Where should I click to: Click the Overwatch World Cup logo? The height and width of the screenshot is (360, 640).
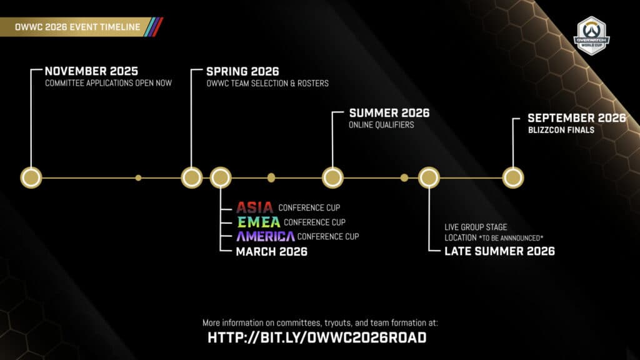click(591, 36)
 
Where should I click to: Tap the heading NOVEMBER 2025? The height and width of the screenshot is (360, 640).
click(91, 71)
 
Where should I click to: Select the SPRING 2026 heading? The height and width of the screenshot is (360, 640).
click(242, 71)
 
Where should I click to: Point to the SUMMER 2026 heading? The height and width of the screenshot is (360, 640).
click(389, 113)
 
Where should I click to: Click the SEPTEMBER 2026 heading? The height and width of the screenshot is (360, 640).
click(576, 118)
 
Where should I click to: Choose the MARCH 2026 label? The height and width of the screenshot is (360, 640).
click(271, 251)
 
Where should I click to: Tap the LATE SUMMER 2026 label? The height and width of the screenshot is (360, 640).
click(499, 251)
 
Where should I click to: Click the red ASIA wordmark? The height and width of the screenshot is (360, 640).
click(255, 207)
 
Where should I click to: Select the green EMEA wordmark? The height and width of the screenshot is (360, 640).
click(257, 222)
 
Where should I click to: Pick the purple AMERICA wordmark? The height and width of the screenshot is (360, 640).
click(265, 236)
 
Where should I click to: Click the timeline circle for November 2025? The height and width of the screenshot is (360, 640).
click(31, 177)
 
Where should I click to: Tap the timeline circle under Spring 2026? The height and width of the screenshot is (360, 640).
click(191, 177)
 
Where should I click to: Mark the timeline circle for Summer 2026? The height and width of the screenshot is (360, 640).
click(332, 177)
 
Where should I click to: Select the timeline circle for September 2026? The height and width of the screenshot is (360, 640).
click(513, 177)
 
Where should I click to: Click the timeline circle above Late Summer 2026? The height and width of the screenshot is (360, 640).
click(428, 177)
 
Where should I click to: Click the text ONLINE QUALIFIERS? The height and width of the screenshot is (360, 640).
click(381, 125)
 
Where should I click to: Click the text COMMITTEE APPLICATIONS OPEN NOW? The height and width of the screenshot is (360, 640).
click(108, 83)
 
